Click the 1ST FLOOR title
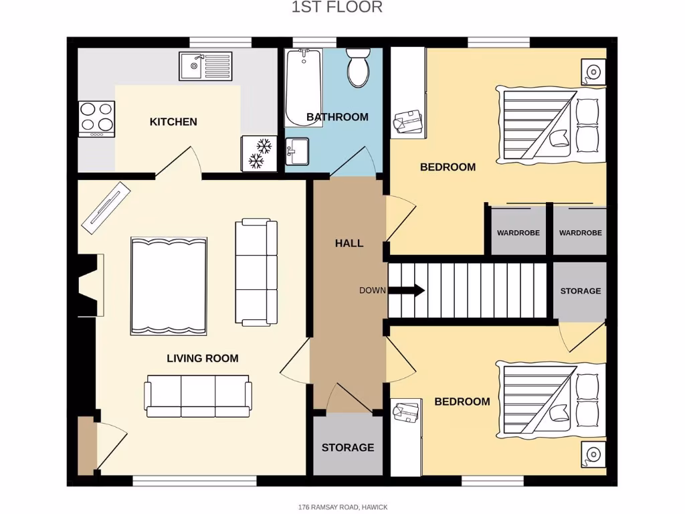pyautogui.click(x=337, y=7)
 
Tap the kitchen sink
pyautogui.click(x=205, y=66)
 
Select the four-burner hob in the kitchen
pyautogui.click(x=96, y=118)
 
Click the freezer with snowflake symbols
pyautogui.click(x=259, y=154)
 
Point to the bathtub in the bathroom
pyautogui.click(x=303, y=88)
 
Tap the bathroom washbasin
pyautogui.click(x=297, y=151)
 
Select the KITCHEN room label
pyautogui.click(x=173, y=122)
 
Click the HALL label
pyautogui.click(x=349, y=243)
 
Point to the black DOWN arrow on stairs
pyautogui.click(x=406, y=290)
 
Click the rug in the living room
pyautogui.click(x=169, y=285)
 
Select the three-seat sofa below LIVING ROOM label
pyautogui.click(x=198, y=396)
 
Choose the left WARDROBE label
pyautogui.click(x=518, y=233)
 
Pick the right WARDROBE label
pyautogui.click(x=580, y=233)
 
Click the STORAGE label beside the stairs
pyautogui.click(x=580, y=291)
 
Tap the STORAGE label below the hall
pyautogui.click(x=348, y=447)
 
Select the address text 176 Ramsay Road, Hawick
pyautogui.click(x=342, y=507)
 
